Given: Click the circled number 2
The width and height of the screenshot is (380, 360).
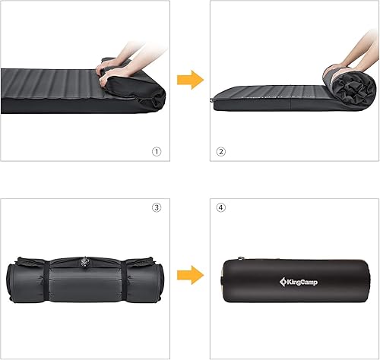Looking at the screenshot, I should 221,151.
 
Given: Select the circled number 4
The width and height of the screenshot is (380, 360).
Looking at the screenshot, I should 221,207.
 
